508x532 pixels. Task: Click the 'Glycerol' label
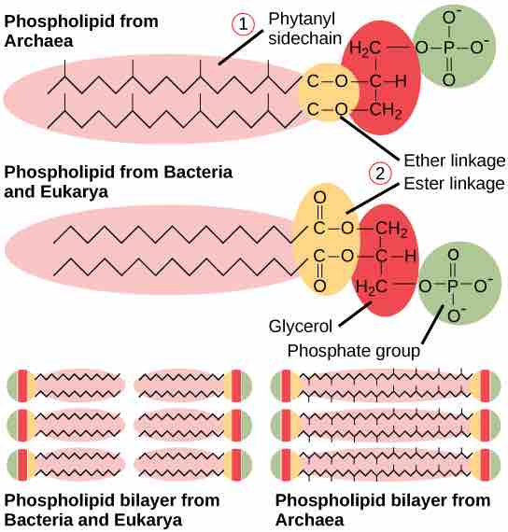tap(300, 328)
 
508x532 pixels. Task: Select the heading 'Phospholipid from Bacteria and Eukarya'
tap(119, 182)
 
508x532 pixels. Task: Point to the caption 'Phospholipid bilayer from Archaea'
tap(383, 510)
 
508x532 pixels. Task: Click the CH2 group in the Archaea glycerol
tap(385, 110)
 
